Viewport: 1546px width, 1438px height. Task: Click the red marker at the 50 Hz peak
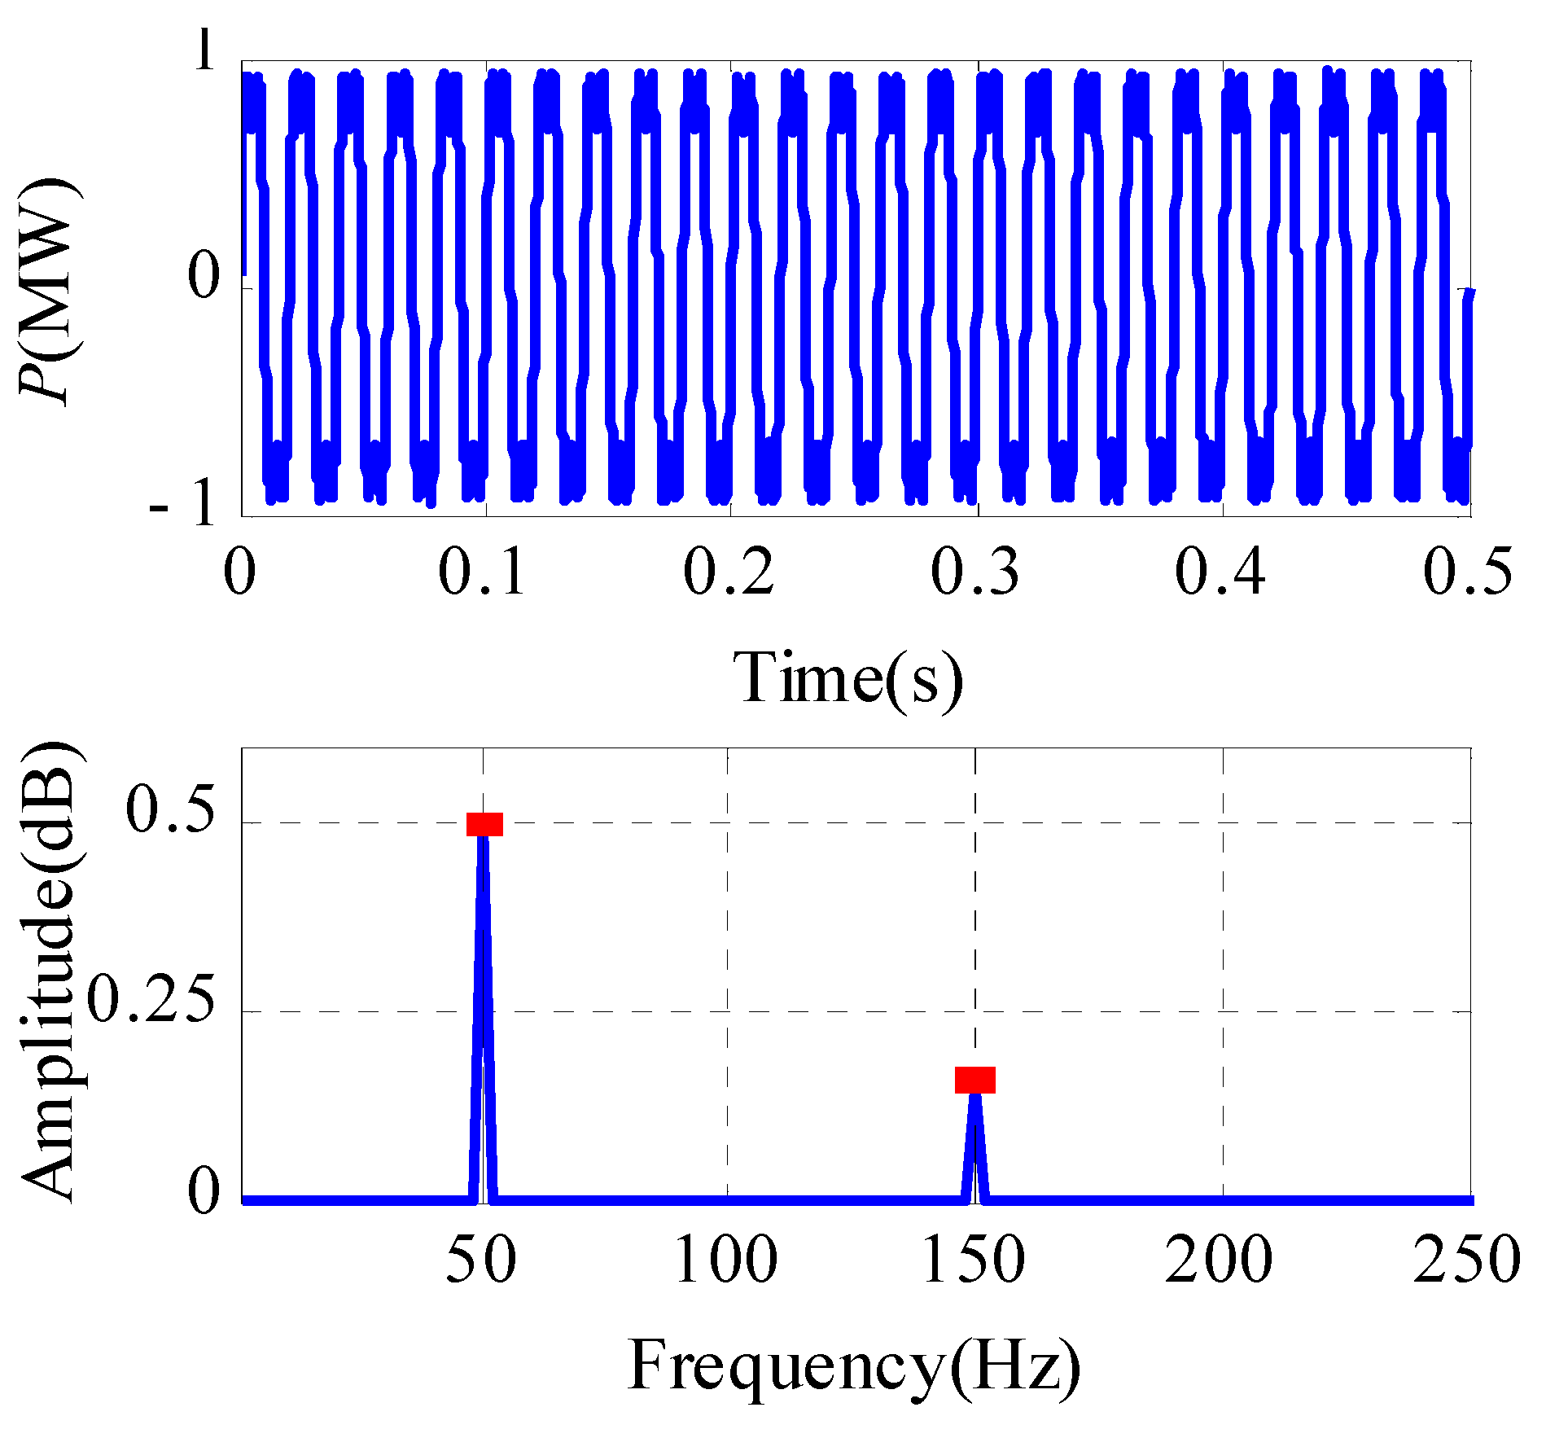(x=484, y=824)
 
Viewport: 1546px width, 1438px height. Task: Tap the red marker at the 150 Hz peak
(x=974, y=1080)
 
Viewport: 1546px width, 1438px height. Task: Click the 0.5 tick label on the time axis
(x=1467, y=572)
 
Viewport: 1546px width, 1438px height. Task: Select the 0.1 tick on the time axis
(x=483, y=572)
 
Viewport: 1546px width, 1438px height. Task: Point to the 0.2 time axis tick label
(x=729, y=572)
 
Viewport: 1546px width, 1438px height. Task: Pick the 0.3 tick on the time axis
(x=974, y=572)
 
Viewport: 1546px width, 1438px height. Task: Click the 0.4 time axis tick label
(x=1220, y=572)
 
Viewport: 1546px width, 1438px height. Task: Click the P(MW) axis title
(x=50, y=289)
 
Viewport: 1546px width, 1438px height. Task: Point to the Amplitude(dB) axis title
(x=50, y=973)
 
